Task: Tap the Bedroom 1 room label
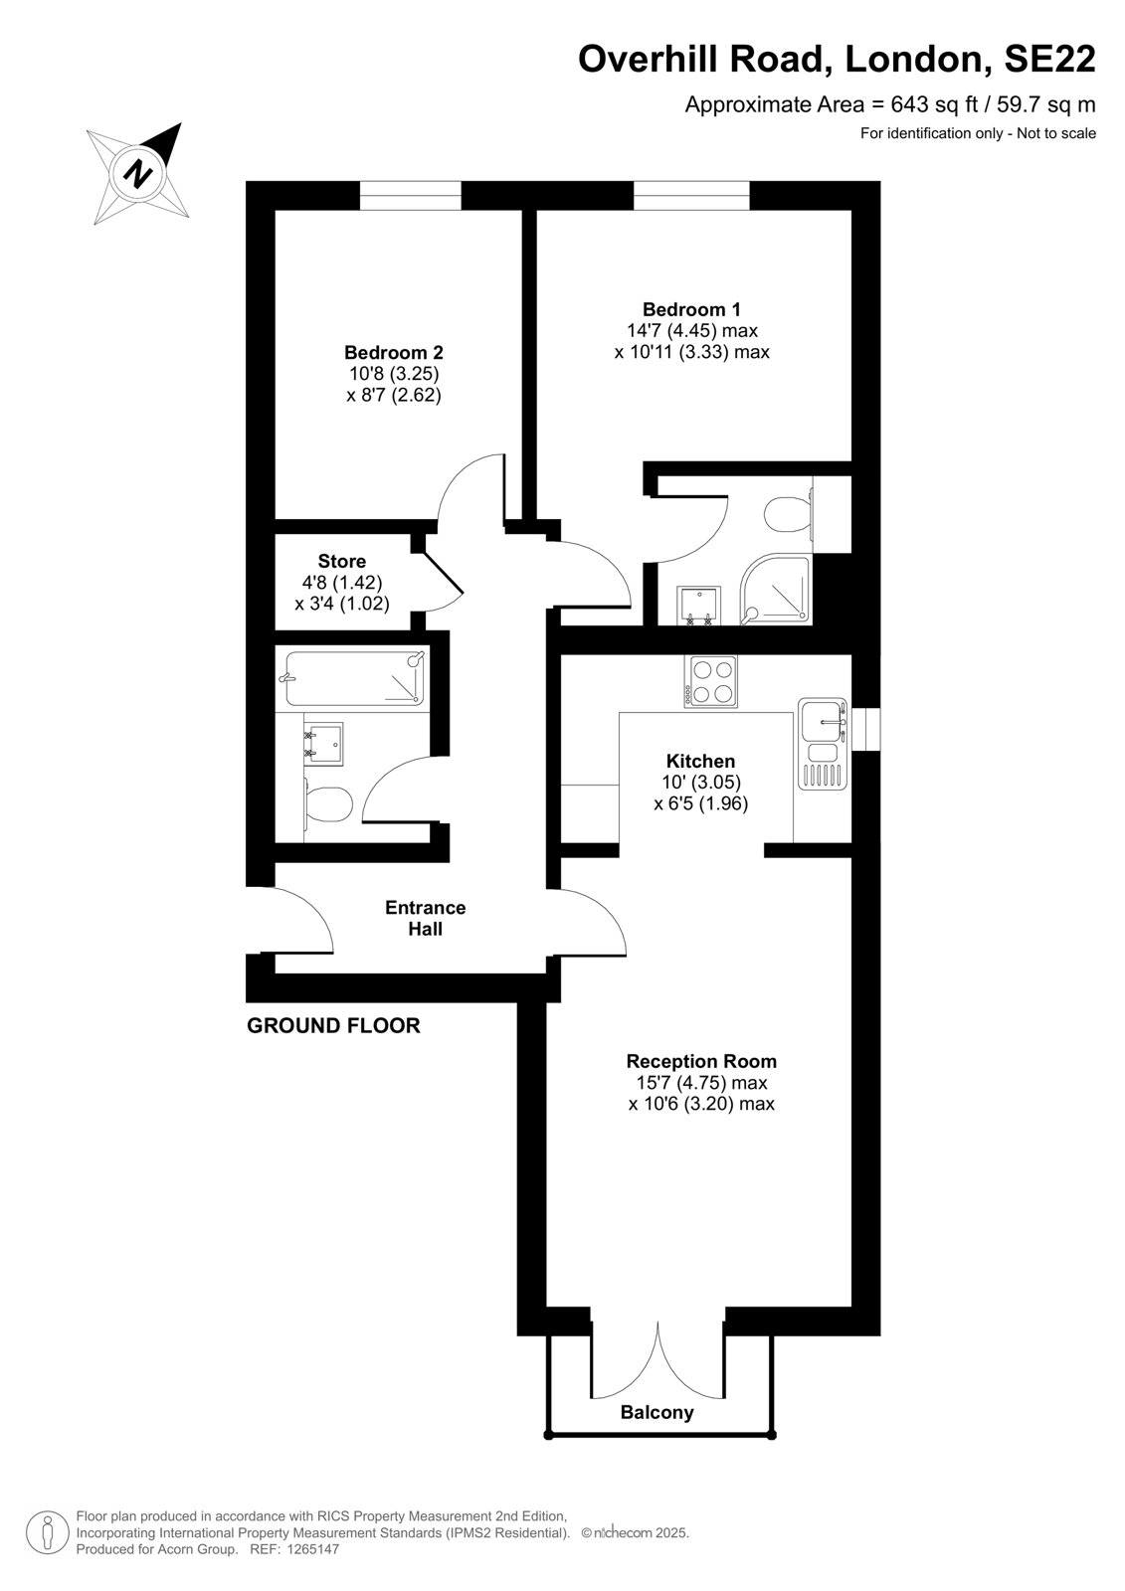(x=691, y=309)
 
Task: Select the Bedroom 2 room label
(x=394, y=352)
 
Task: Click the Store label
(x=342, y=561)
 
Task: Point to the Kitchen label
(x=700, y=762)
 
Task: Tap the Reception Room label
(x=701, y=1061)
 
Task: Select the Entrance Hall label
(x=426, y=918)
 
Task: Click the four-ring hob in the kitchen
(x=710, y=681)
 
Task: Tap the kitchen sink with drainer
(x=823, y=744)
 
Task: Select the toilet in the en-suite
(x=790, y=514)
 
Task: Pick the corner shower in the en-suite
(x=775, y=589)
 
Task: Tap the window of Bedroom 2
(x=410, y=195)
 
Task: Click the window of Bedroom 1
(x=691, y=195)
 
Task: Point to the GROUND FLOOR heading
(x=333, y=1025)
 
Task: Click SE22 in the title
(x=1049, y=59)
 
